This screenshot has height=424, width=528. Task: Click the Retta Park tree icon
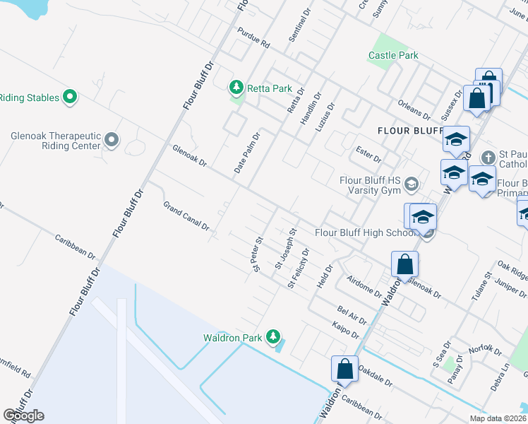[x=236, y=88]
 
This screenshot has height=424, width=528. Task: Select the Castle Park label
[x=393, y=55]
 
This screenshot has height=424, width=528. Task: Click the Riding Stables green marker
[x=69, y=97]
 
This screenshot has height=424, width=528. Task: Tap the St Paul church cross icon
[x=487, y=158]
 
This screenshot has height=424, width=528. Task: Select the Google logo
[x=23, y=416]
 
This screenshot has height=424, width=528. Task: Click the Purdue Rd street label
[x=254, y=43]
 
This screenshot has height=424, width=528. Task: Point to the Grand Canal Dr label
[x=186, y=216]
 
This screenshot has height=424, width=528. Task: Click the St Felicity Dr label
[x=299, y=268]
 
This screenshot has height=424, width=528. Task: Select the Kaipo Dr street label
[x=345, y=329]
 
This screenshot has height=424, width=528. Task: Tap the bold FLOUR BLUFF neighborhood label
[x=409, y=130]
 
